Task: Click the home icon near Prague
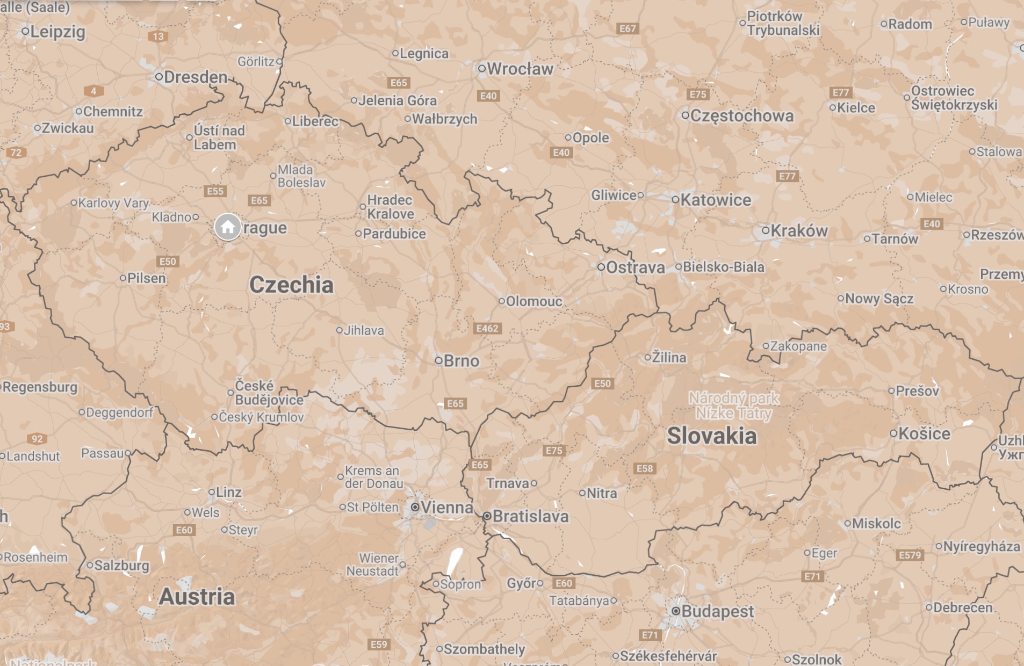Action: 227,227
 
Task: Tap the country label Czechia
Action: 291,285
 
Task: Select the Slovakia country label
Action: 711,436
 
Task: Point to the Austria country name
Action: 197,597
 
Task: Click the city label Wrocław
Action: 520,69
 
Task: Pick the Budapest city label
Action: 717,611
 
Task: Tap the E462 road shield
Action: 487,328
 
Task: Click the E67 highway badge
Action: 628,28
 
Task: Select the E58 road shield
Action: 644,468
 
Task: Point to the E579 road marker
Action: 910,555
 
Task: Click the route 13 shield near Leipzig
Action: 158,37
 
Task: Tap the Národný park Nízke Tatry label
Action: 734,406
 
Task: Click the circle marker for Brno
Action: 438,360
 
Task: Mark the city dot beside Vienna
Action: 415,507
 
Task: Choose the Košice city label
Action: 924,433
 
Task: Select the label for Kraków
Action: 799,231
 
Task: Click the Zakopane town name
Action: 798,346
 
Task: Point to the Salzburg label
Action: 121,565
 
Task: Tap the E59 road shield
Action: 379,644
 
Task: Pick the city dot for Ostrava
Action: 601,267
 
